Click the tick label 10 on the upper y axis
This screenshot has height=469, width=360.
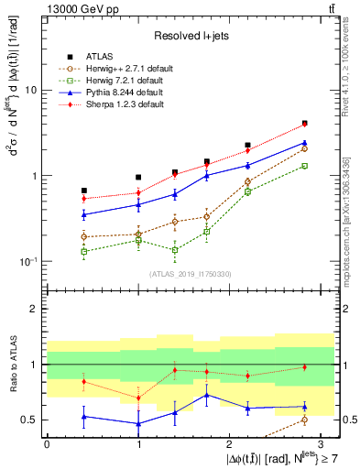click(x=31, y=91)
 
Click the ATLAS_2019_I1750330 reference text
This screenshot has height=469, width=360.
click(x=190, y=273)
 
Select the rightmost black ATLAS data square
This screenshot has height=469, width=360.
click(x=304, y=123)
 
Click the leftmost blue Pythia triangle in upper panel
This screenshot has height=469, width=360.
click(x=84, y=215)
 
